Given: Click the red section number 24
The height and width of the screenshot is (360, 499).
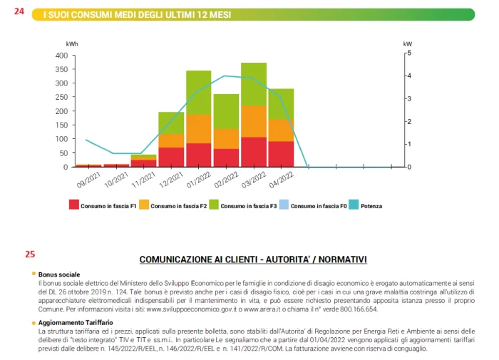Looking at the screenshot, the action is [x=19, y=11].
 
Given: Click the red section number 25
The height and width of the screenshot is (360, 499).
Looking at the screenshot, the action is [x=30, y=254].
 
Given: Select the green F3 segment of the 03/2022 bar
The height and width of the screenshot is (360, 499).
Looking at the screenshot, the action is [x=254, y=84].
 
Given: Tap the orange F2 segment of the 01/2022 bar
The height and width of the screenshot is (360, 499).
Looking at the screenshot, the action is [x=199, y=129].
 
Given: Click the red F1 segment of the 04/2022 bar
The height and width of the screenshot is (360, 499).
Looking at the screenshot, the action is [x=281, y=154].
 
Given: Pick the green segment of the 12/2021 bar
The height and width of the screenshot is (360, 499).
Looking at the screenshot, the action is [x=171, y=123].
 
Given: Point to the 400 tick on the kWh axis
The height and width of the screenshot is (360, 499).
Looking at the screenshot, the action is [x=61, y=56].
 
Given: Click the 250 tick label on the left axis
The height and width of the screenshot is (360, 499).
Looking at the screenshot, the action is [x=61, y=97].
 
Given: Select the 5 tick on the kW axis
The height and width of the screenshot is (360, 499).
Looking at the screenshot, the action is [x=409, y=53].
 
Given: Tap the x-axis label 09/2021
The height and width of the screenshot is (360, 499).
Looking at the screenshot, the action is [x=88, y=180].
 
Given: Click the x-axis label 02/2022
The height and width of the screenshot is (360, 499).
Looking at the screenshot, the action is [x=226, y=180].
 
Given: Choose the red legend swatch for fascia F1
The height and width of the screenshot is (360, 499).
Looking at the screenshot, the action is [x=74, y=205].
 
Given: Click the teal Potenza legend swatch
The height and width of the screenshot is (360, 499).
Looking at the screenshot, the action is [x=354, y=205].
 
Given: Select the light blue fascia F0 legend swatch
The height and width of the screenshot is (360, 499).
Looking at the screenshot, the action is [x=284, y=205].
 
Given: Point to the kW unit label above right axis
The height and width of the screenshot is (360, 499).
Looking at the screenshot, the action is [x=407, y=44].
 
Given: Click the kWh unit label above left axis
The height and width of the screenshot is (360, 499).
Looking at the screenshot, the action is [x=72, y=44].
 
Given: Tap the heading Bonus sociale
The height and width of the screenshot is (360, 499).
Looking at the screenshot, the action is [x=59, y=274].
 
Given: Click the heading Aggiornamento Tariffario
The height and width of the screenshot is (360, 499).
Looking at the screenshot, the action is [x=76, y=322].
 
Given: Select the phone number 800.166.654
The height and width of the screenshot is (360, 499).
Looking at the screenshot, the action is [x=359, y=309].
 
